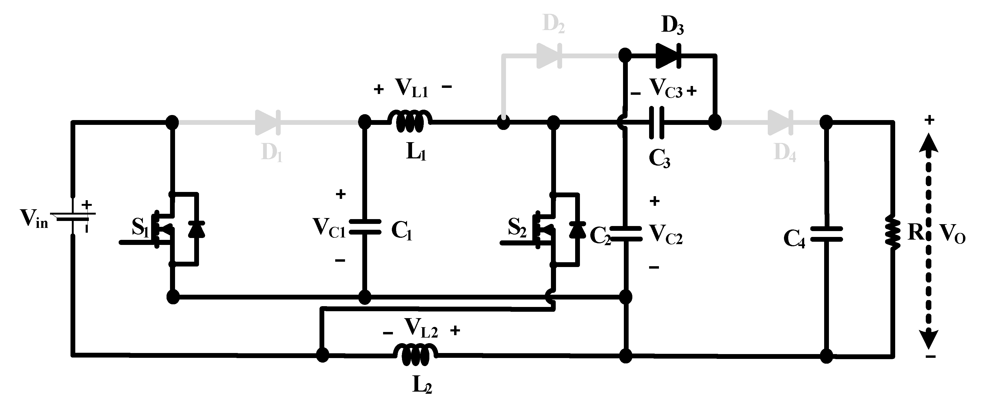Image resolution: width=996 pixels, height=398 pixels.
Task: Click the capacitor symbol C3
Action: [x=657, y=123]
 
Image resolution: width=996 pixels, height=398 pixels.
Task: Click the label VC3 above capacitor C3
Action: [x=666, y=89]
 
